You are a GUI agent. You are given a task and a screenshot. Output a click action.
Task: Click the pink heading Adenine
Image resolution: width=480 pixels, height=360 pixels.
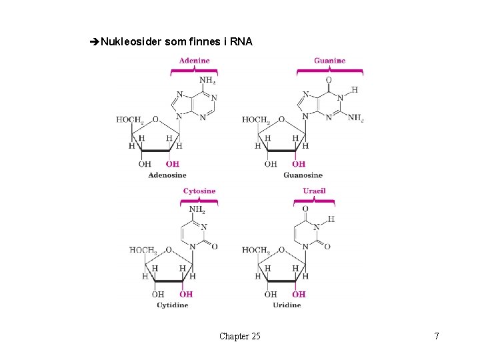(x=194, y=61)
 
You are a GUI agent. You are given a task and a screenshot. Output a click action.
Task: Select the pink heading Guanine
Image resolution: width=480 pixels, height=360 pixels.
(x=330, y=61)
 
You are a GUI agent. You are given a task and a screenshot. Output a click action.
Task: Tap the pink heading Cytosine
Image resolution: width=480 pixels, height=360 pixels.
(x=199, y=191)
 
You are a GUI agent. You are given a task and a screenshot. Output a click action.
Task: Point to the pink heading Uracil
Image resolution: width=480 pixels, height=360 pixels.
(x=314, y=191)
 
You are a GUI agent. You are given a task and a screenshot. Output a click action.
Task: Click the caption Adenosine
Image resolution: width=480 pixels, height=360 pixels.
(x=167, y=175)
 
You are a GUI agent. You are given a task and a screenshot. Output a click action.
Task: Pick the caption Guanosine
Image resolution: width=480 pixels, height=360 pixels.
(x=303, y=175)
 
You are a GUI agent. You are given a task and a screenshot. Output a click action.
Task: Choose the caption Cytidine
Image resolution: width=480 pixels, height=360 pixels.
(x=172, y=305)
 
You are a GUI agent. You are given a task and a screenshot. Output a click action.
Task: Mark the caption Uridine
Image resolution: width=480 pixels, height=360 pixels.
(x=287, y=305)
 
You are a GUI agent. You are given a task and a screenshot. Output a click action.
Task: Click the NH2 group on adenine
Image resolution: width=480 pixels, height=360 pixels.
(x=207, y=81)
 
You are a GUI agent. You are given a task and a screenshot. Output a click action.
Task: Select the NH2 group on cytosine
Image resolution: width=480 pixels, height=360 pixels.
(x=197, y=209)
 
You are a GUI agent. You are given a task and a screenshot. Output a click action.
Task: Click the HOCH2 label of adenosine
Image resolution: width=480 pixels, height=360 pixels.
(x=129, y=120)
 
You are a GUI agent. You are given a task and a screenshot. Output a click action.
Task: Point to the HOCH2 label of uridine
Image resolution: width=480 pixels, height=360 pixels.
(x=255, y=250)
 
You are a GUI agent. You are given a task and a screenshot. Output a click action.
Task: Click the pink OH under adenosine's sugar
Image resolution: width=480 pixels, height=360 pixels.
(x=172, y=164)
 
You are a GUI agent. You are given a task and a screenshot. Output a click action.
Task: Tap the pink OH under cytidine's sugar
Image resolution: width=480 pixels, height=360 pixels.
(x=186, y=293)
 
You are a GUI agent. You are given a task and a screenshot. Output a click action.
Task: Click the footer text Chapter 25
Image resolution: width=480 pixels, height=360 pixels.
(x=239, y=336)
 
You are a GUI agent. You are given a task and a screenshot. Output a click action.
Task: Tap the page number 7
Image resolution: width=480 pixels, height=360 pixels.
(x=437, y=336)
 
